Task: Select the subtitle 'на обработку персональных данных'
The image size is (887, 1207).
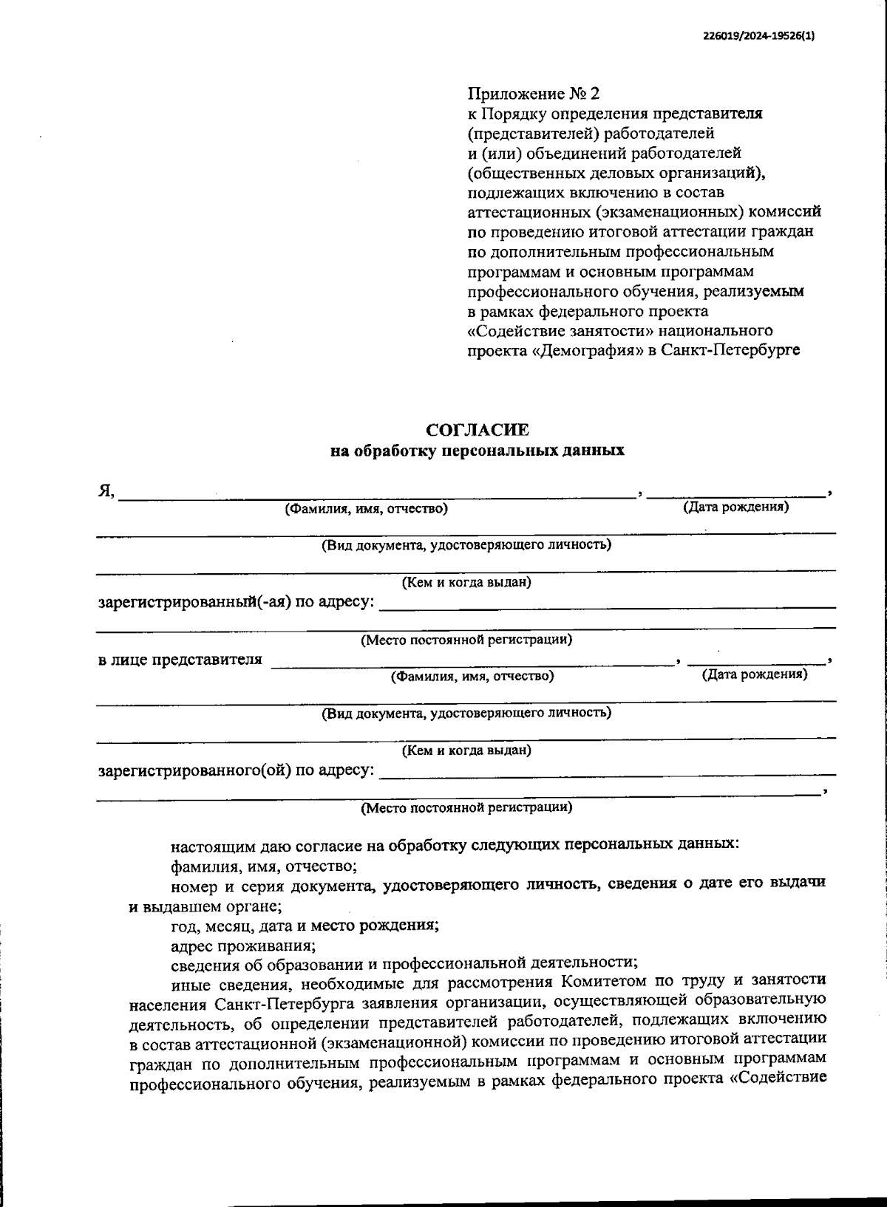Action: click(477, 451)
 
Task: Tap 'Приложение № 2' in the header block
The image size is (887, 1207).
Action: click(534, 94)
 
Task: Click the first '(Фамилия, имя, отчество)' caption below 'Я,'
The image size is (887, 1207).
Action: click(366, 509)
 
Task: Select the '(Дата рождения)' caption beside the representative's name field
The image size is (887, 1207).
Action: click(754, 674)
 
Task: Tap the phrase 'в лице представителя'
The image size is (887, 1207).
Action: click(180, 660)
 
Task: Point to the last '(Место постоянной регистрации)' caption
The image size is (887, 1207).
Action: click(466, 808)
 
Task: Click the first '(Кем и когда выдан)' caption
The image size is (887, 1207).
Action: click(466, 583)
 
